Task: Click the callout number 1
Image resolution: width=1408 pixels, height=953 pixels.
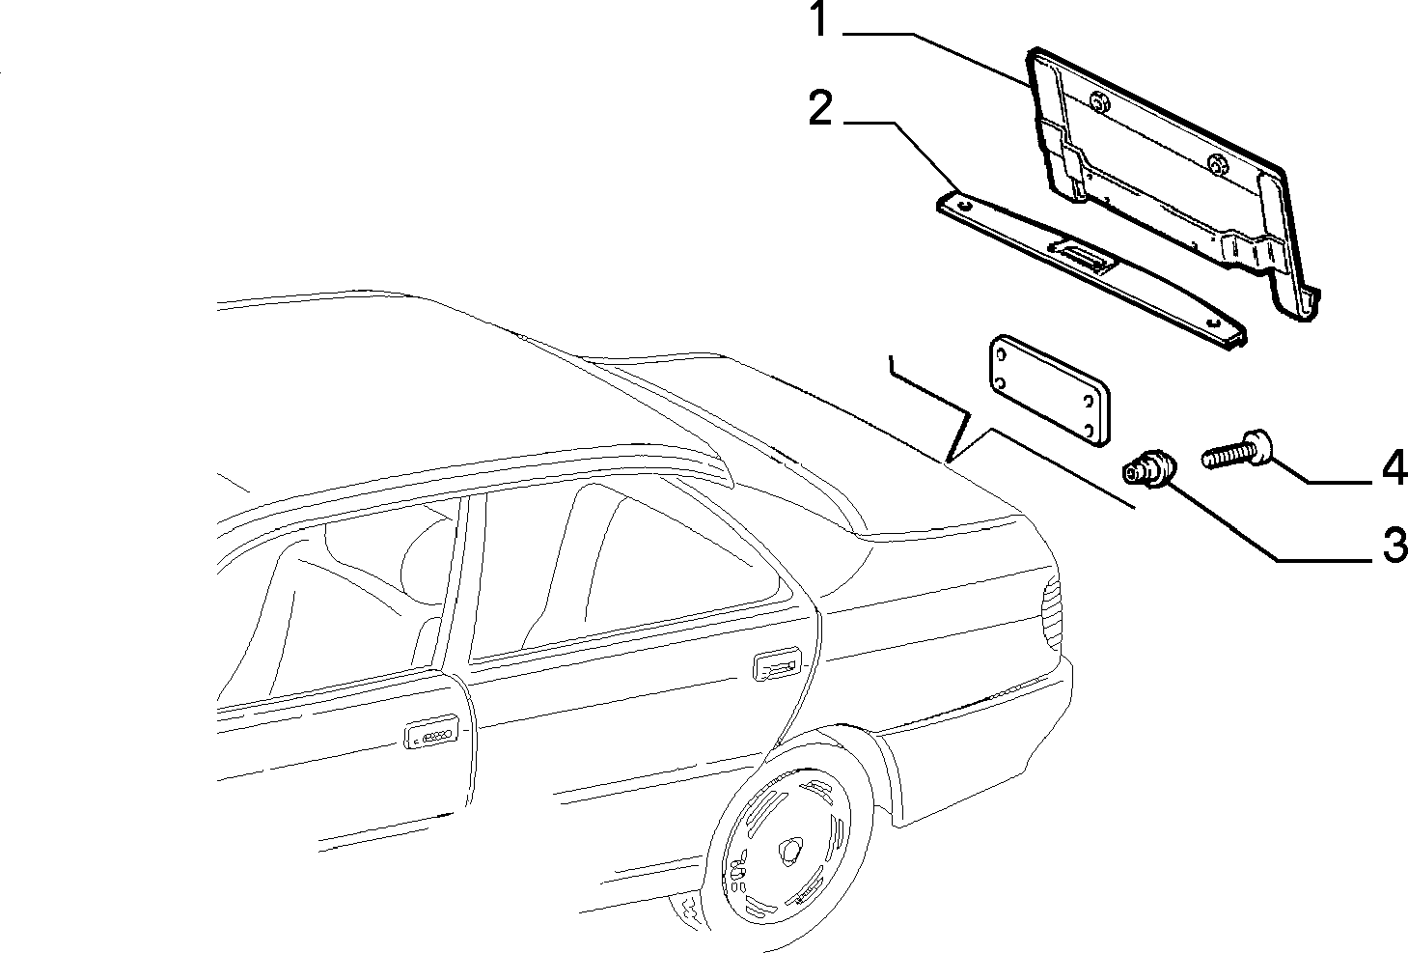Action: (818, 20)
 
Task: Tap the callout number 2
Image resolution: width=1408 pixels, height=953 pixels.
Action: (820, 109)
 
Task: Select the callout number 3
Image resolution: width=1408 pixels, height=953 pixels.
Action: (1394, 546)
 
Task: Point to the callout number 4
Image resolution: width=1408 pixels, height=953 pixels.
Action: (1394, 466)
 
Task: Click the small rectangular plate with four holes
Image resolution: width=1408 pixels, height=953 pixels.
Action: (1048, 391)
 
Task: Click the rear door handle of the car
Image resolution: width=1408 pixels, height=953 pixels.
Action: (776, 666)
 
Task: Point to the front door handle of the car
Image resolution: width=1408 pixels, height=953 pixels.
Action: (430, 735)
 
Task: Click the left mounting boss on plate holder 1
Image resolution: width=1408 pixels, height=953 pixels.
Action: (1099, 101)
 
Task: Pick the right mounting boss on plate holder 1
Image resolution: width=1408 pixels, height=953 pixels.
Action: (1219, 163)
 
